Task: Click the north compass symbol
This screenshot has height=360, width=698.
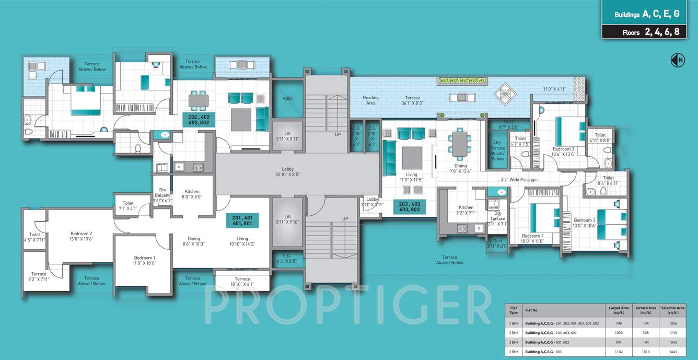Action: [x=677, y=61]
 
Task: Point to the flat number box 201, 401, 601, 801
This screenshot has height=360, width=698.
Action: [x=242, y=220]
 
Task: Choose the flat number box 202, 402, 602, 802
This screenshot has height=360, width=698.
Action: [x=199, y=120]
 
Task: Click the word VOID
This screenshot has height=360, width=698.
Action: [x=287, y=98]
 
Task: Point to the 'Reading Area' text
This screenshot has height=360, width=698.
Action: [x=370, y=100]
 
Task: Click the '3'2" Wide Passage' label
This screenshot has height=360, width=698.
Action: [x=519, y=180]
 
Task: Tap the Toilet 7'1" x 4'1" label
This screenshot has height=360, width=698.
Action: [x=129, y=206]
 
